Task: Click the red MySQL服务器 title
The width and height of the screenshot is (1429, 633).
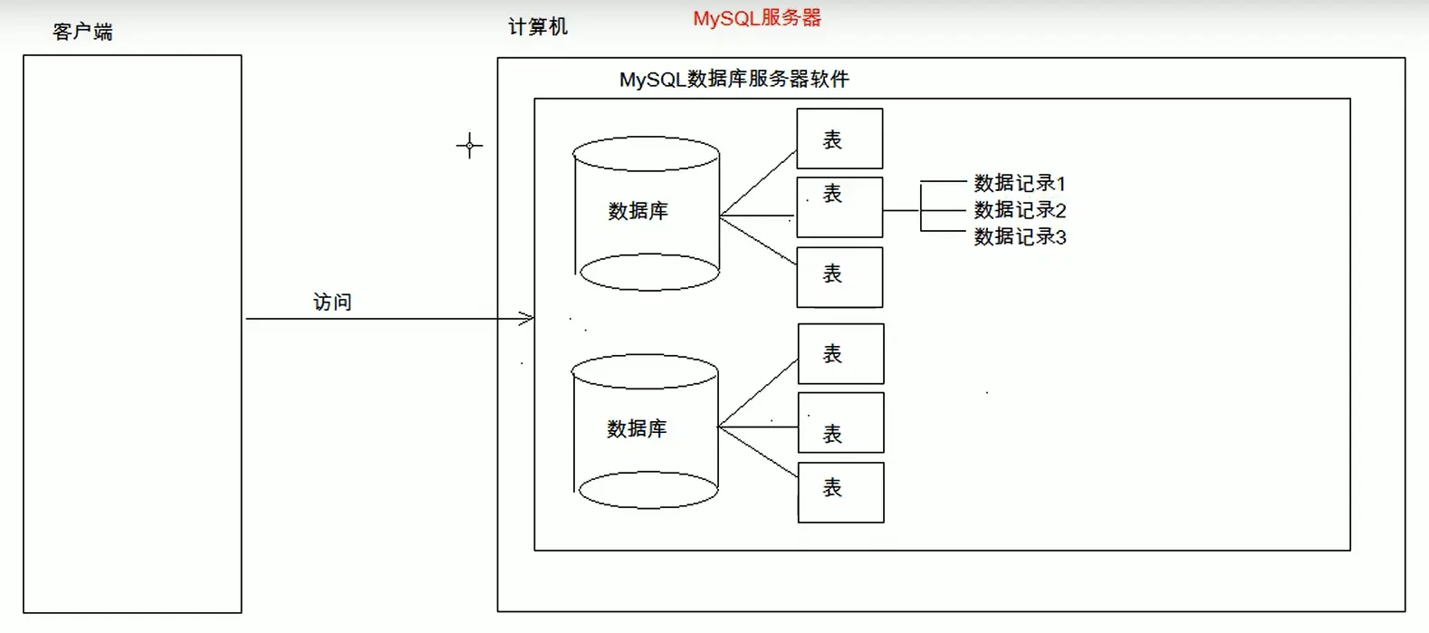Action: coord(757,18)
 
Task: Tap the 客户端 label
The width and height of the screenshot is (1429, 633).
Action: coord(82,32)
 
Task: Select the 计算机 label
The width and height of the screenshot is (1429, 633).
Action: coord(538,27)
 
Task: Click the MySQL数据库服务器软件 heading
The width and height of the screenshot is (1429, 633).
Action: coord(734,80)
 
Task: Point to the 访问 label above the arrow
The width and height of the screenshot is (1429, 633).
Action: coord(332,302)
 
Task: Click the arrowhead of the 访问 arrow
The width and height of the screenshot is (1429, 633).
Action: coord(527,319)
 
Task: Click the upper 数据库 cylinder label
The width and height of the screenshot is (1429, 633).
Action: coord(638,211)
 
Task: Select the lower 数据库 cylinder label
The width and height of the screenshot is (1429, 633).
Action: coord(637,428)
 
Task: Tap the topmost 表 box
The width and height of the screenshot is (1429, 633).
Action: coord(839,139)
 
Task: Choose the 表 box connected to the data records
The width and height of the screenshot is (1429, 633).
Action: coord(839,207)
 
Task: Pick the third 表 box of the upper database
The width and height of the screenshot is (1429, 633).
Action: coord(839,277)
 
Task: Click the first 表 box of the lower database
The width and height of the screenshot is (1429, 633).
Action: coord(840,354)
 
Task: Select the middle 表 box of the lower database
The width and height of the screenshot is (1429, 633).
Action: coord(840,423)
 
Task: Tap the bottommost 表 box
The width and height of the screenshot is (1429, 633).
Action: coord(840,493)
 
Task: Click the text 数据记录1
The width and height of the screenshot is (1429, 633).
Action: coord(1020,183)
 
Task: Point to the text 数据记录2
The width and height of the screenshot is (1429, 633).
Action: coord(1020,210)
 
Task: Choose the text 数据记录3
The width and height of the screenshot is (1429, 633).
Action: coord(1020,236)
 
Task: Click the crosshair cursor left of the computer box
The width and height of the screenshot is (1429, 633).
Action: coord(469,145)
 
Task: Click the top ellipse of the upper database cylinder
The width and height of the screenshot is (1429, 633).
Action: coord(646,153)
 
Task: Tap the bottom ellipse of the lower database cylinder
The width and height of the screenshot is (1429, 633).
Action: coord(648,489)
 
